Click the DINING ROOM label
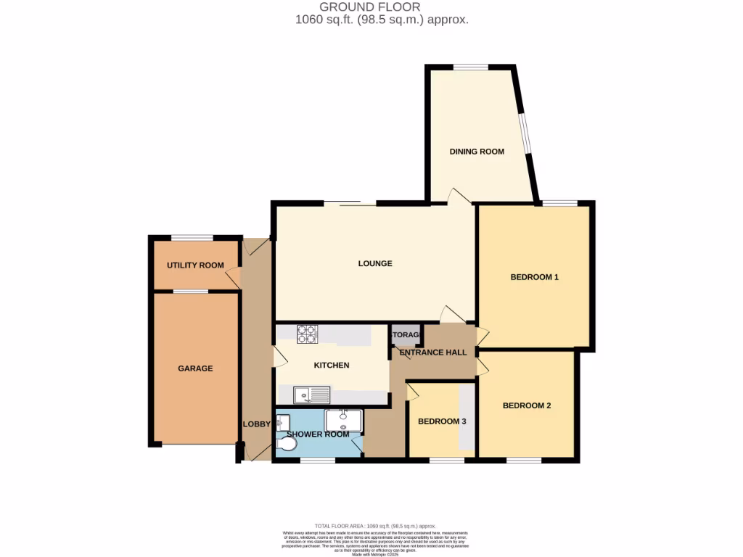click(477, 152)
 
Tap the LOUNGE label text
click(375, 263)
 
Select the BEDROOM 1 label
click(534, 277)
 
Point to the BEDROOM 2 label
click(527, 405)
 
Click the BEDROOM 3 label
click(442, 421)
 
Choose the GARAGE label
click(195, 368)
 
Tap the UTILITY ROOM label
click(195, 265)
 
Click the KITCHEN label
click(332, 366)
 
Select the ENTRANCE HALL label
click(433, 352)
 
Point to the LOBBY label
click(257, 424)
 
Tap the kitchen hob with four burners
click(306, 334)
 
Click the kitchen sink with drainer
click(311, 395)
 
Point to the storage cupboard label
click(406, 335)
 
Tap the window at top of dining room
click(471, 67)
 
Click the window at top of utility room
click(192, 237)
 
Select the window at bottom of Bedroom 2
click(524, 461)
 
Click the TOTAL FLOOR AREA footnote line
click(374, 525)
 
